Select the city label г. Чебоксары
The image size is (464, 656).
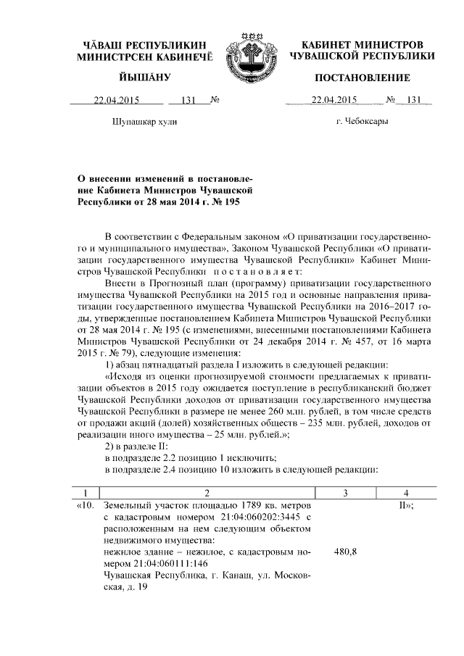tap(362, 122)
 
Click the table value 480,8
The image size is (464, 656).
tap(344, 552)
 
